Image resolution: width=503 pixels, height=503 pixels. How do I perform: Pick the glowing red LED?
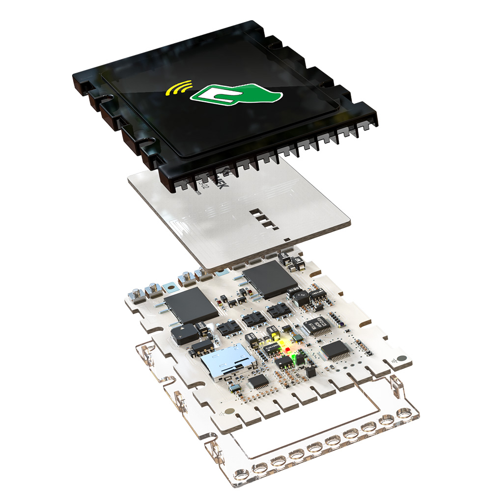287,349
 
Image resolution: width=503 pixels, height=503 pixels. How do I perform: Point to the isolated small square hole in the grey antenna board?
287,239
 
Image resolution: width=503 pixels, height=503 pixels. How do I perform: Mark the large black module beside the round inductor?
270,280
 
